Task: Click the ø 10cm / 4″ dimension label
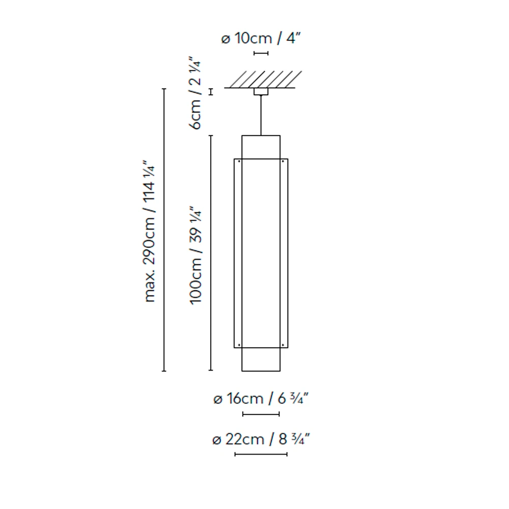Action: click(x=261, y=38)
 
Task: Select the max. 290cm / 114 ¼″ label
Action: click(x=149, y=231)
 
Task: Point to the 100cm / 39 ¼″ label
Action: click(x=196, y=255)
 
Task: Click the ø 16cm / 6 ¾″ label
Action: click(x=261, y=399)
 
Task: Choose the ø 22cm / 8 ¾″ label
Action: click(x=261, y=439)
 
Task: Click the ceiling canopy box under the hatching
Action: click(x=261, y=92)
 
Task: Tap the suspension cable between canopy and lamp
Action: click(x=261, y=115)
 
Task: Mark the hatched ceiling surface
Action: click(x=263, y=79)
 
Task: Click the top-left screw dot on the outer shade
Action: click(x=239, y=161)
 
